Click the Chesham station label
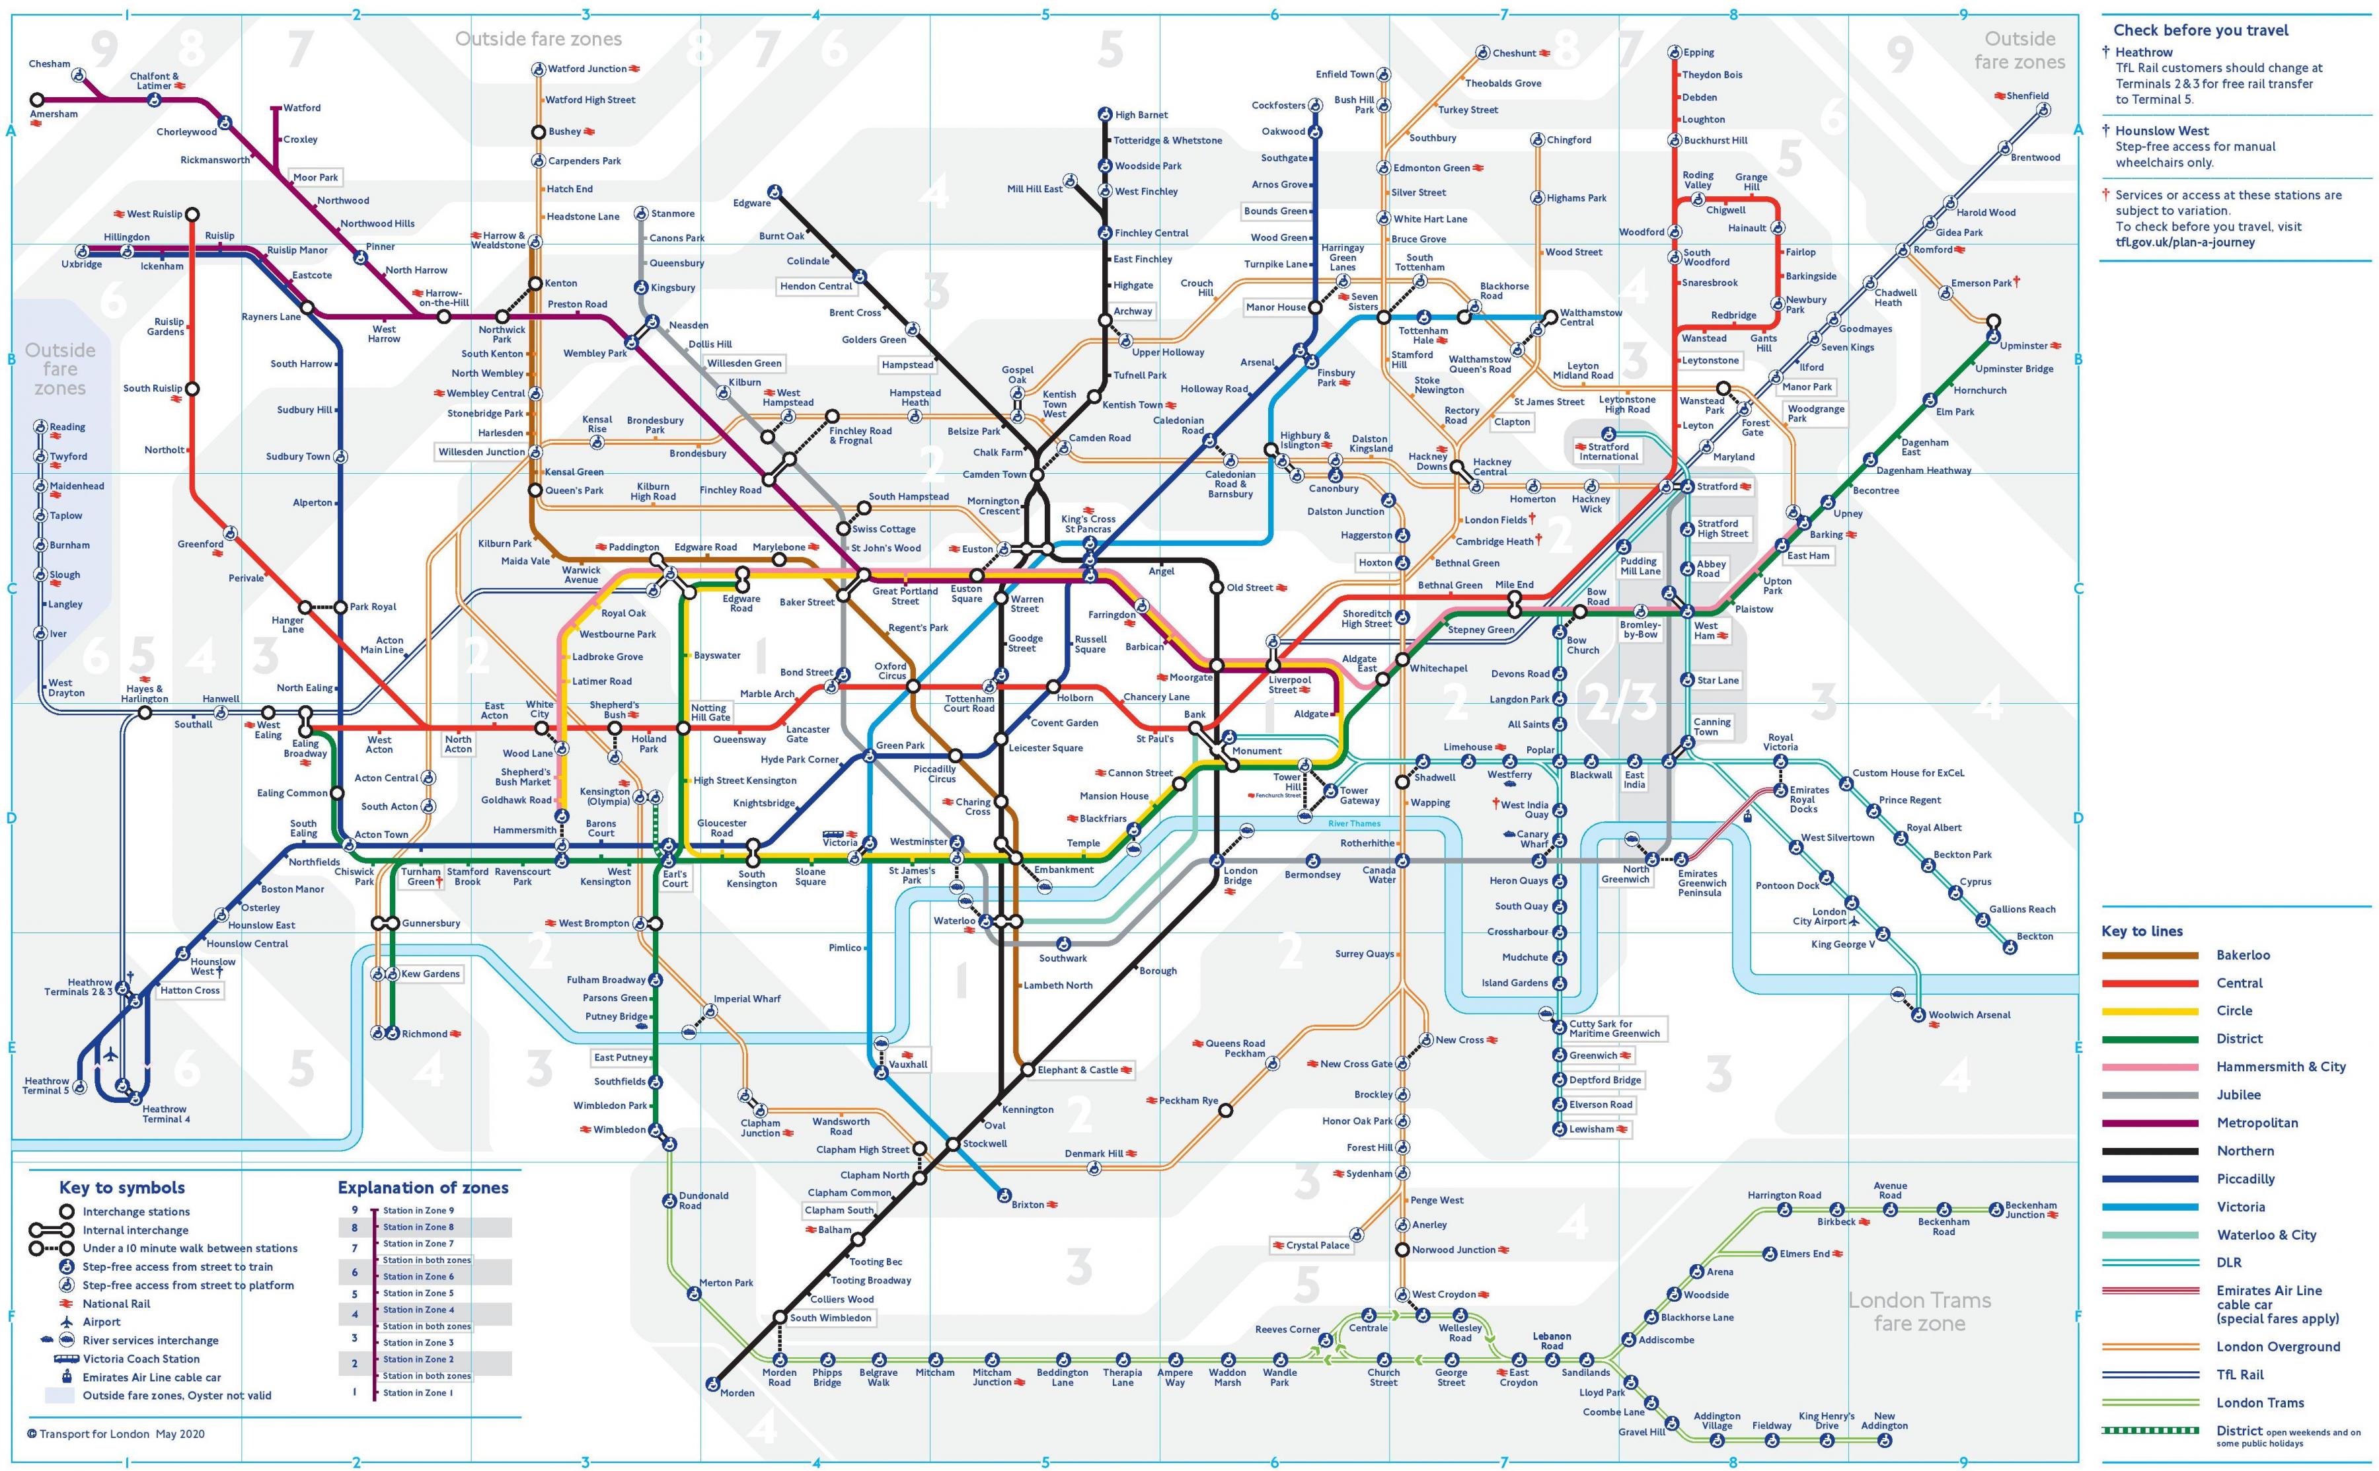coord(50,64)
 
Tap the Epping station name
coord(1698,53)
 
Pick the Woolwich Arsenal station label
coord(1969,1015)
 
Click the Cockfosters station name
coord(1278,105)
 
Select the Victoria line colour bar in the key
coord(2150,1207)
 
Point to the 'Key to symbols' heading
coord(122,1187)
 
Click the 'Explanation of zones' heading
coord(422,1187)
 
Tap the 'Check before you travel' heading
coord(2200,30)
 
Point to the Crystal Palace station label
coord(1317,1245)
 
